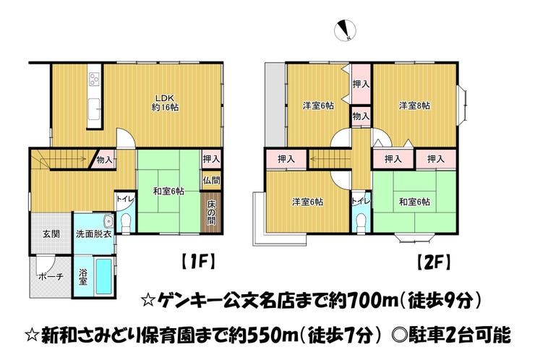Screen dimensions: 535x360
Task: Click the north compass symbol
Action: coord(346,30)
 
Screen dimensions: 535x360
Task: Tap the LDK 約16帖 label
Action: coord(165,103)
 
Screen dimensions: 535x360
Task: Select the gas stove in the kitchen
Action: coord(94,80)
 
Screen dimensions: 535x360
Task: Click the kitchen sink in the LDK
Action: coord(94,109)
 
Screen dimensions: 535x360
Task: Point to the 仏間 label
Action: coord(212,180)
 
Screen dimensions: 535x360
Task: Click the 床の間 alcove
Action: coord(211,213)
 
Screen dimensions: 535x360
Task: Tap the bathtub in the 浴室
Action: coord(103,276)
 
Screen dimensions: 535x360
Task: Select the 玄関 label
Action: coord(51,234)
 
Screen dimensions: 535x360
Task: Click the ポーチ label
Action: coord(51,276)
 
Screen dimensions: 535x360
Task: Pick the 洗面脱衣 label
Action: coord(93,234)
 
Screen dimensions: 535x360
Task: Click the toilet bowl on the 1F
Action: coord(126,222)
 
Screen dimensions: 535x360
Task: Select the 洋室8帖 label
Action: coord(414,106)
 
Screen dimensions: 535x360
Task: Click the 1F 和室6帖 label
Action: coord(168,192)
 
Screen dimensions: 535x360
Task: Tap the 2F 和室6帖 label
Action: coord(414,202)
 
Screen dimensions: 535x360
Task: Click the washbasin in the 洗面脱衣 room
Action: coord(108,221)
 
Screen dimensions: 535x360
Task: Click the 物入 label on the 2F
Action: coord(361,116)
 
